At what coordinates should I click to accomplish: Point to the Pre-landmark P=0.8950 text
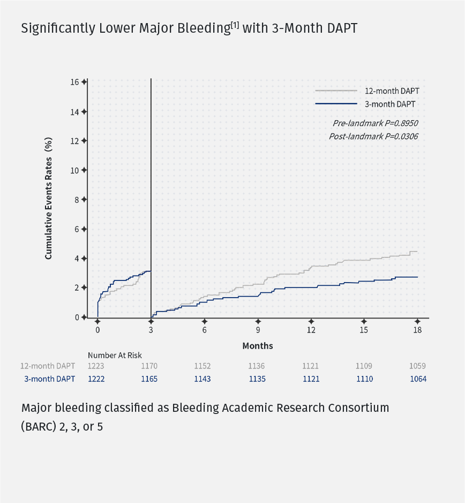(x=375, y=123)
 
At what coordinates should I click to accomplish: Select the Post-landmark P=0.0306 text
(x=373, y=136)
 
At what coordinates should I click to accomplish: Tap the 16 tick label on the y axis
(x=74, y=82)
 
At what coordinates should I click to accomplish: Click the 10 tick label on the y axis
(x=74, y=170)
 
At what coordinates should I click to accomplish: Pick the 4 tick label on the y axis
(x=76, y=258)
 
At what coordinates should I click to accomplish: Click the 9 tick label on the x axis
(x=258, y=330)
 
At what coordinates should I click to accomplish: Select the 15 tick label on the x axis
(x=364, y=330)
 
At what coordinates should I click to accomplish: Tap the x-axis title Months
(x=258, y=346)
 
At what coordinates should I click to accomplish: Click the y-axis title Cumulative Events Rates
(x=49, y=198)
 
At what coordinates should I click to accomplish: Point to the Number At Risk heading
(x=115, y=355)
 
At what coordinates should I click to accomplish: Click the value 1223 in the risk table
(x=96, y=366)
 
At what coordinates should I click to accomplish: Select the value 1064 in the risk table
(x=417, y=379)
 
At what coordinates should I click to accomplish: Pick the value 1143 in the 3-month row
(x=202, y=379)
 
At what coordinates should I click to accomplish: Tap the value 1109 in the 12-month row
(x=364, y=366)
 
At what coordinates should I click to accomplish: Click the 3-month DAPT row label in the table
(x=49, y=379)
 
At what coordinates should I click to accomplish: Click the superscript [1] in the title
(x=235, y=25)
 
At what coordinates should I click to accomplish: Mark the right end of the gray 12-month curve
(x=417, y=251)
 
